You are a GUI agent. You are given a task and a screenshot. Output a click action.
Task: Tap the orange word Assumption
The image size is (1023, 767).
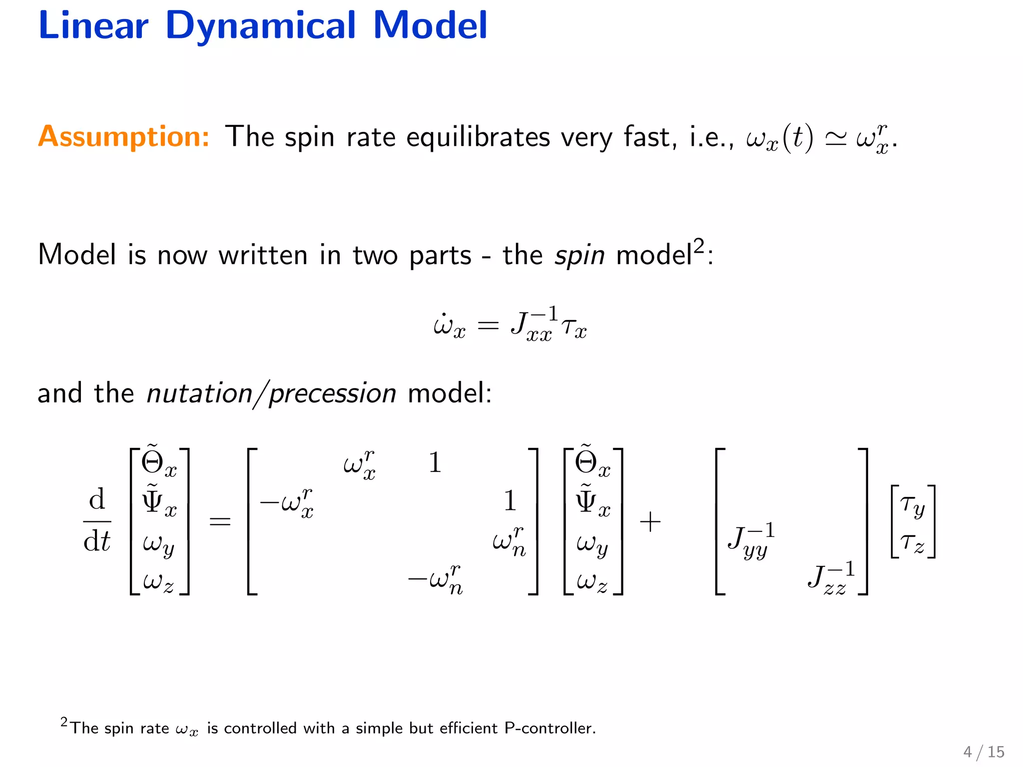coord(123,136)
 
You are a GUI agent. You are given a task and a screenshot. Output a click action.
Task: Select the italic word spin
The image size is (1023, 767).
coord(579,255)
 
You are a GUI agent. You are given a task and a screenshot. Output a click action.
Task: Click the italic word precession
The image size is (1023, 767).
coord(333,393)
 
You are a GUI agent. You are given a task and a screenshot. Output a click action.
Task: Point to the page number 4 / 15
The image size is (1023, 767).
coord(984,752)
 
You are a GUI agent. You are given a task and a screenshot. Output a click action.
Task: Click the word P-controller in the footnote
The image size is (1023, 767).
coord(550,729)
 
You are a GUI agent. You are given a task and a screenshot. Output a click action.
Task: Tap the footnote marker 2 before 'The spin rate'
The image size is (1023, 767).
coord(64,722)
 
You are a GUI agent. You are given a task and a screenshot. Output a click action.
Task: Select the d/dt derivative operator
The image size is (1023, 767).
coord(97,521)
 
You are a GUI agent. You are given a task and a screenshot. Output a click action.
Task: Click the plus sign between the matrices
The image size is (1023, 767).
coord(650,522)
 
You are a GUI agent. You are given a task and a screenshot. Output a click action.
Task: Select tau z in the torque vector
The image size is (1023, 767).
coord(913,542)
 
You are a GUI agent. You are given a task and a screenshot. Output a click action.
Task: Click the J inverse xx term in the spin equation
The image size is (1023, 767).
coord(533,326)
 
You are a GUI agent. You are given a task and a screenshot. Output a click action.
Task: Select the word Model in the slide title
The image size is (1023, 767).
coord(430,26)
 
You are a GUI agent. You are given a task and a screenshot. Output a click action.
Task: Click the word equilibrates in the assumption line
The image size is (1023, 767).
coord(478,137)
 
